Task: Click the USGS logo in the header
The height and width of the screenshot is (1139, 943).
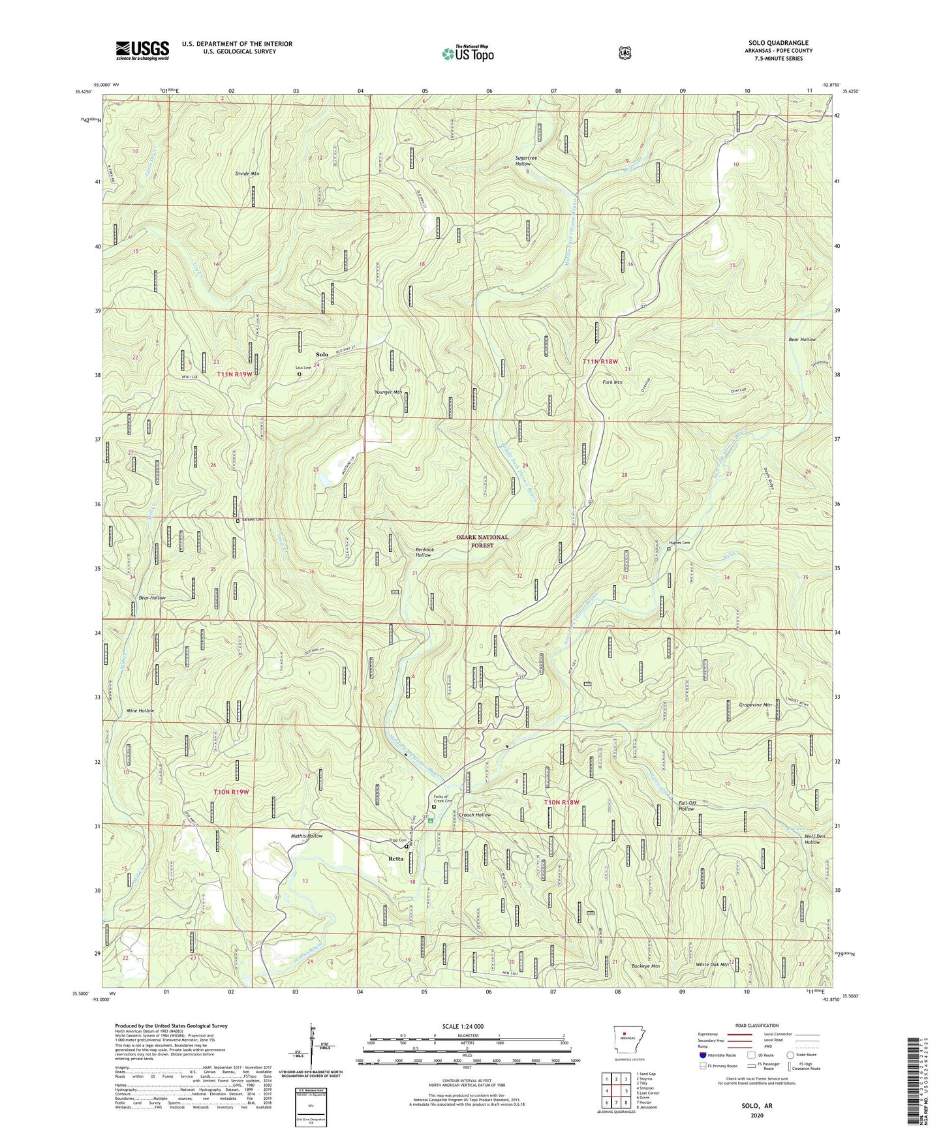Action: (142, 50)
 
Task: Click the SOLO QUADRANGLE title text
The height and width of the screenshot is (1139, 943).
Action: (778, 43)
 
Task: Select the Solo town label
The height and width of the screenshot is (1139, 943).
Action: (322, 354)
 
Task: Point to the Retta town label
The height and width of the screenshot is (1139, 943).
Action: (395, 858)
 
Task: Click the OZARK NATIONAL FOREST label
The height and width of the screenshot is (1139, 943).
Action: (482, 541)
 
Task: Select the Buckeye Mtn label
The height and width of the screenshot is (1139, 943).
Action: (645, 966)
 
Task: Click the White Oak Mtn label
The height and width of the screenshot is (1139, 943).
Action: (712, 964)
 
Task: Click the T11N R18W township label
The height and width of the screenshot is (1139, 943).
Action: (600, 361)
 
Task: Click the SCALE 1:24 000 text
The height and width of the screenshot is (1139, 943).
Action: (463, 1026)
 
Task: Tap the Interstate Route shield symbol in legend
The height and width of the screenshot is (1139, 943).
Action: (703, 1055)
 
